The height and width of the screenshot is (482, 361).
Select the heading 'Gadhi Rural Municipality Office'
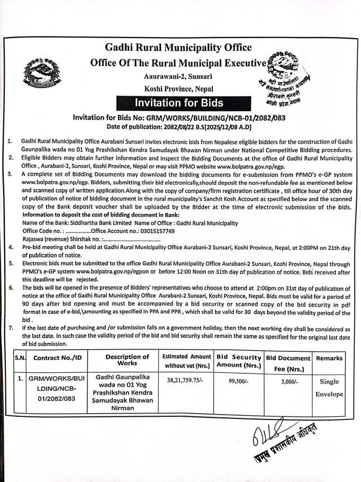178,48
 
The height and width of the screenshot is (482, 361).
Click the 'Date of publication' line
178,127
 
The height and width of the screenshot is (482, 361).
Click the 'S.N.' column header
20,359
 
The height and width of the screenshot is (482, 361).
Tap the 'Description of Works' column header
127,360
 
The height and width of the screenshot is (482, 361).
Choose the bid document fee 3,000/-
287,380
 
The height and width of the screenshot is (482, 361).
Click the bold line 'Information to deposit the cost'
101,215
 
